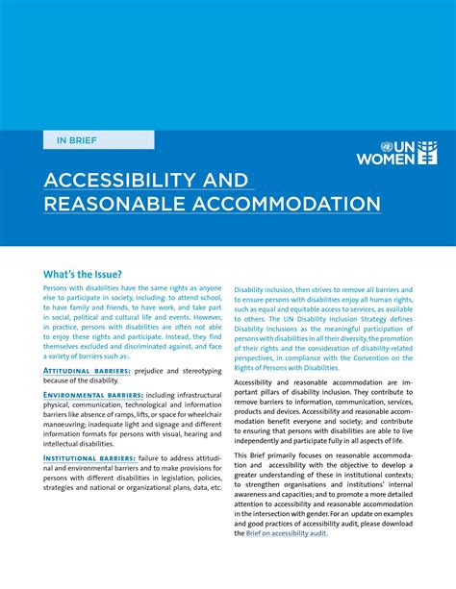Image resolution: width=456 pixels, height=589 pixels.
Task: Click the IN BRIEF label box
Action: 98,139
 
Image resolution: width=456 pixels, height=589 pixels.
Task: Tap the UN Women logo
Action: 397,147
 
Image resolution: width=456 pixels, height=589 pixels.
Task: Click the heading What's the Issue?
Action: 83,274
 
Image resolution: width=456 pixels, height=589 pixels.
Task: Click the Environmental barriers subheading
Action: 93,395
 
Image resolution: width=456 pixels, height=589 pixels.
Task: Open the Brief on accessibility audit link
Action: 287,533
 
